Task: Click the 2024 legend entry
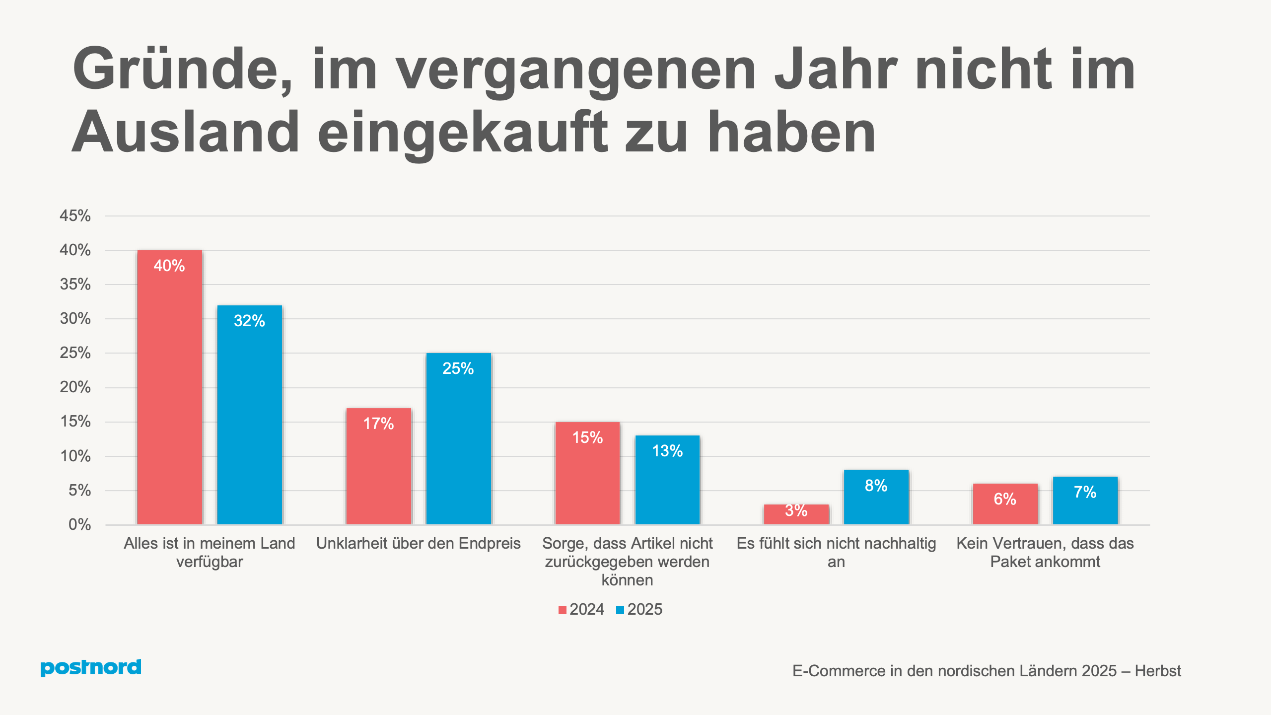[x=581, y=609]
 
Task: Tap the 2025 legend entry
[x=639, y=609]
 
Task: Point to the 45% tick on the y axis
[x=75, y=215]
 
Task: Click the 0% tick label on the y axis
[x=79, y=524]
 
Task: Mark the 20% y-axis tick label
[x=75, y=387]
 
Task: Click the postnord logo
[x=91, y=667]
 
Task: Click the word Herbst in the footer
[x=1158, y=671]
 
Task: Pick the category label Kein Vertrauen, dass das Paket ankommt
[x=1045, y=552]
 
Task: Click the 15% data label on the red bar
[x=587, y=437]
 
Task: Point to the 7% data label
[x=1085, y=492]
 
